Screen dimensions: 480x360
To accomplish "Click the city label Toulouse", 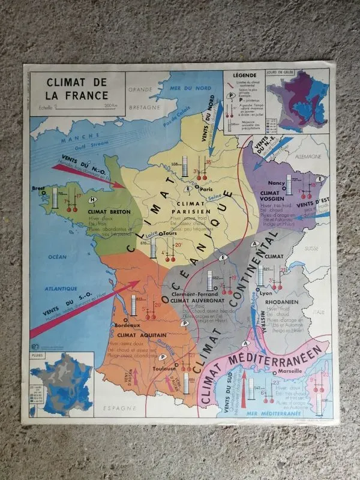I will (x=164, y=369).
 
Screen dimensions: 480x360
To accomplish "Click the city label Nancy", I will (x=260, y=182).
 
